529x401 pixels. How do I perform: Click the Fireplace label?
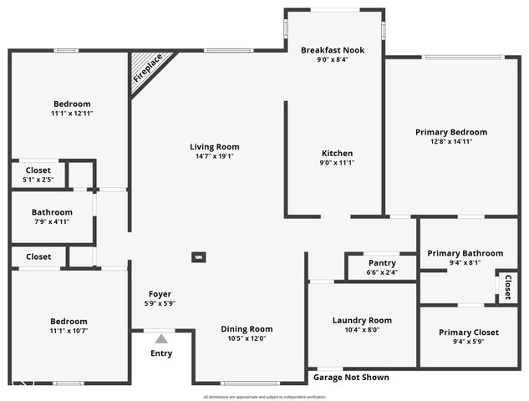tap(148, 69)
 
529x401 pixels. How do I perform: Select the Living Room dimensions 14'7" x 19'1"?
tap(214, 156)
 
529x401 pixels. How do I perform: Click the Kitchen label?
tap(338, 153)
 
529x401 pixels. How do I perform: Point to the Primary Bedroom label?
tap(451, 132)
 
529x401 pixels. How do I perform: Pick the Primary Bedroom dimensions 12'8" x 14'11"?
tap(451, 142)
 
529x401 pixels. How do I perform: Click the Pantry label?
tap(382, 263)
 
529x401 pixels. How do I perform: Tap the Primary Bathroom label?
tap(465, 253)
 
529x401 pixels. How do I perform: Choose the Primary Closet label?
tap(468, 332)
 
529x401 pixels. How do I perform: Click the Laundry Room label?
tap(362, 320)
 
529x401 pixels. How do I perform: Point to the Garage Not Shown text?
tap(351, 378)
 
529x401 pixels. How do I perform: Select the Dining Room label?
tap(246, 329)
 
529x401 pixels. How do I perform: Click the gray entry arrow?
tap(160, 338)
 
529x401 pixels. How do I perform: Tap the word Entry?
tap(161, 353)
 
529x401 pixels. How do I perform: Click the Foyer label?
tap(160, 294)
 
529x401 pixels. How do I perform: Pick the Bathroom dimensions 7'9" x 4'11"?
tap(52, 221)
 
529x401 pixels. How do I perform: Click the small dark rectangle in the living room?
tap(199, 257)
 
